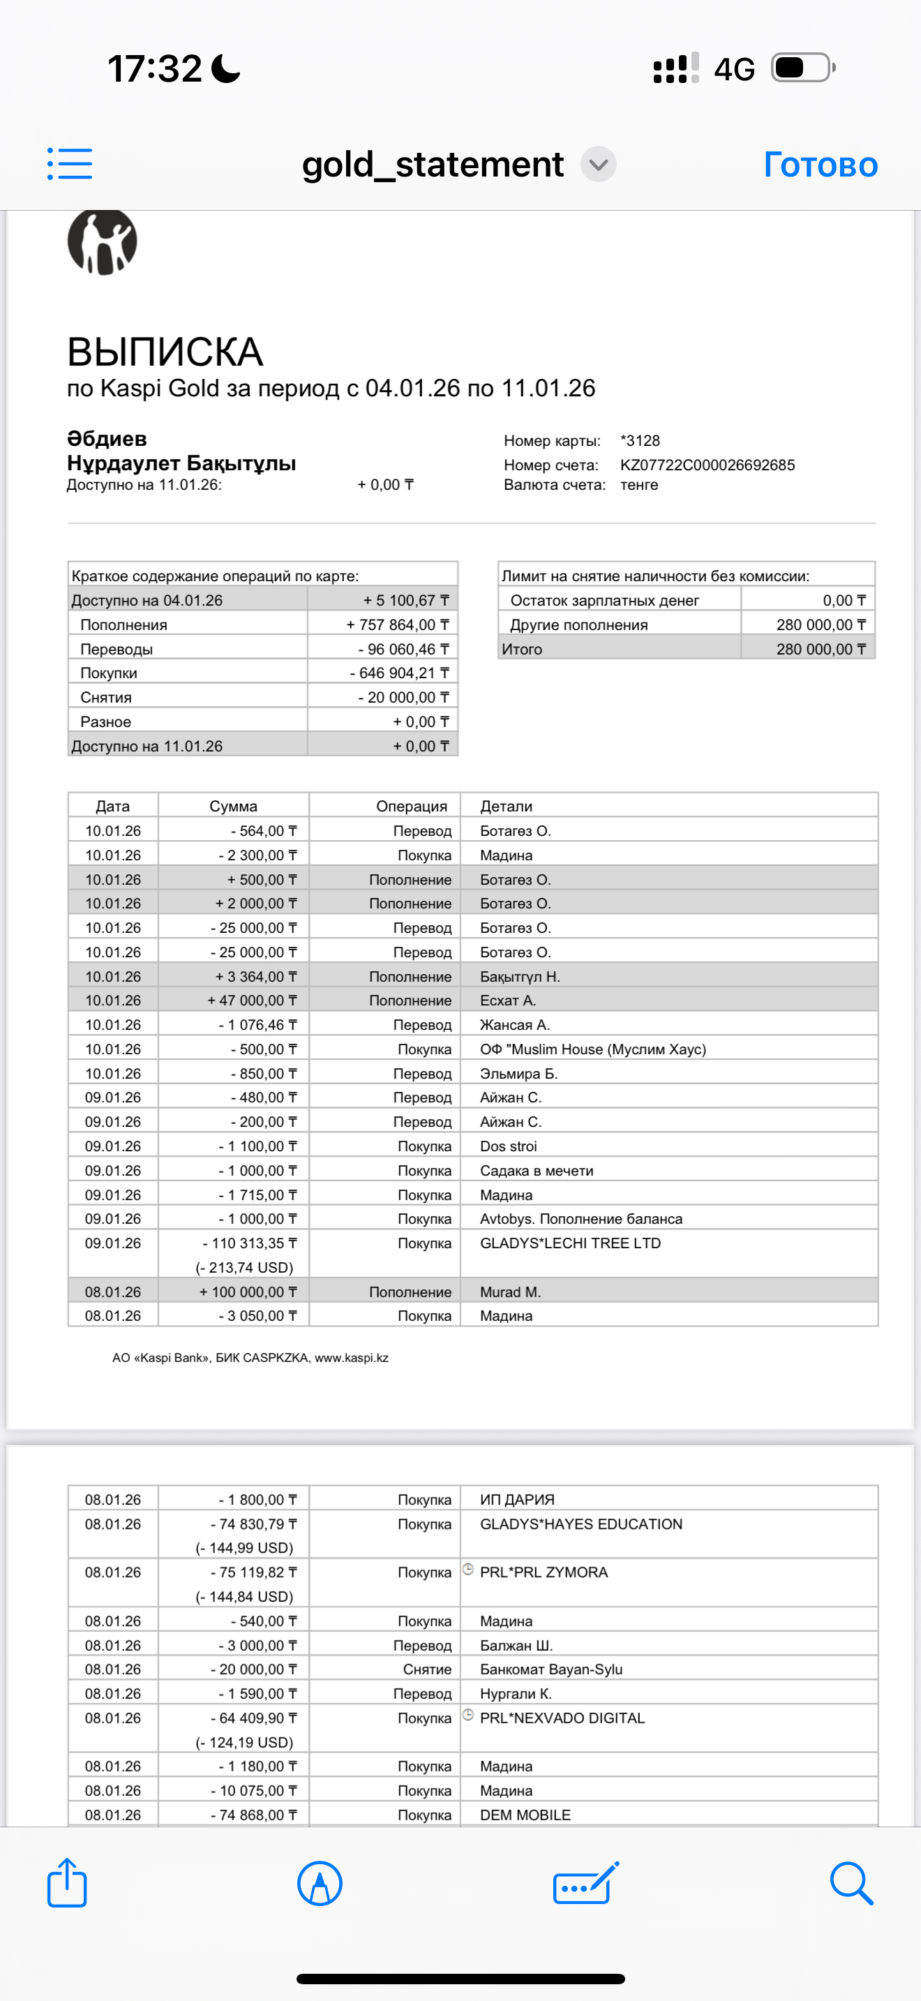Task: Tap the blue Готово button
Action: (820, 165)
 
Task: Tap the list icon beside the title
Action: (70, 164)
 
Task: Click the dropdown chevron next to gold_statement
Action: (598, 165)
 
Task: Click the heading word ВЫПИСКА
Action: (165, 352)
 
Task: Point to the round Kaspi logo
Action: (103, 241)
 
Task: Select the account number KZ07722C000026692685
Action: (707, 465)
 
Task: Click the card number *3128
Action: (640, 440)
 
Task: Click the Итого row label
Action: (522, 650)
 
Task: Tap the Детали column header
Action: (507, 807)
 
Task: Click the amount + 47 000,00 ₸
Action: (252, 1000)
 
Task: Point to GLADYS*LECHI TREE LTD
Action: (570, 1243)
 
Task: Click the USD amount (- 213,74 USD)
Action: (244, 1268)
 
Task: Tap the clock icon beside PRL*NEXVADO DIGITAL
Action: (468, 1715)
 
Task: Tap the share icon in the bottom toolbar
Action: (67, 1883)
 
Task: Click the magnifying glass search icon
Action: (851, 1883)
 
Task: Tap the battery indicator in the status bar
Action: (803, 68)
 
